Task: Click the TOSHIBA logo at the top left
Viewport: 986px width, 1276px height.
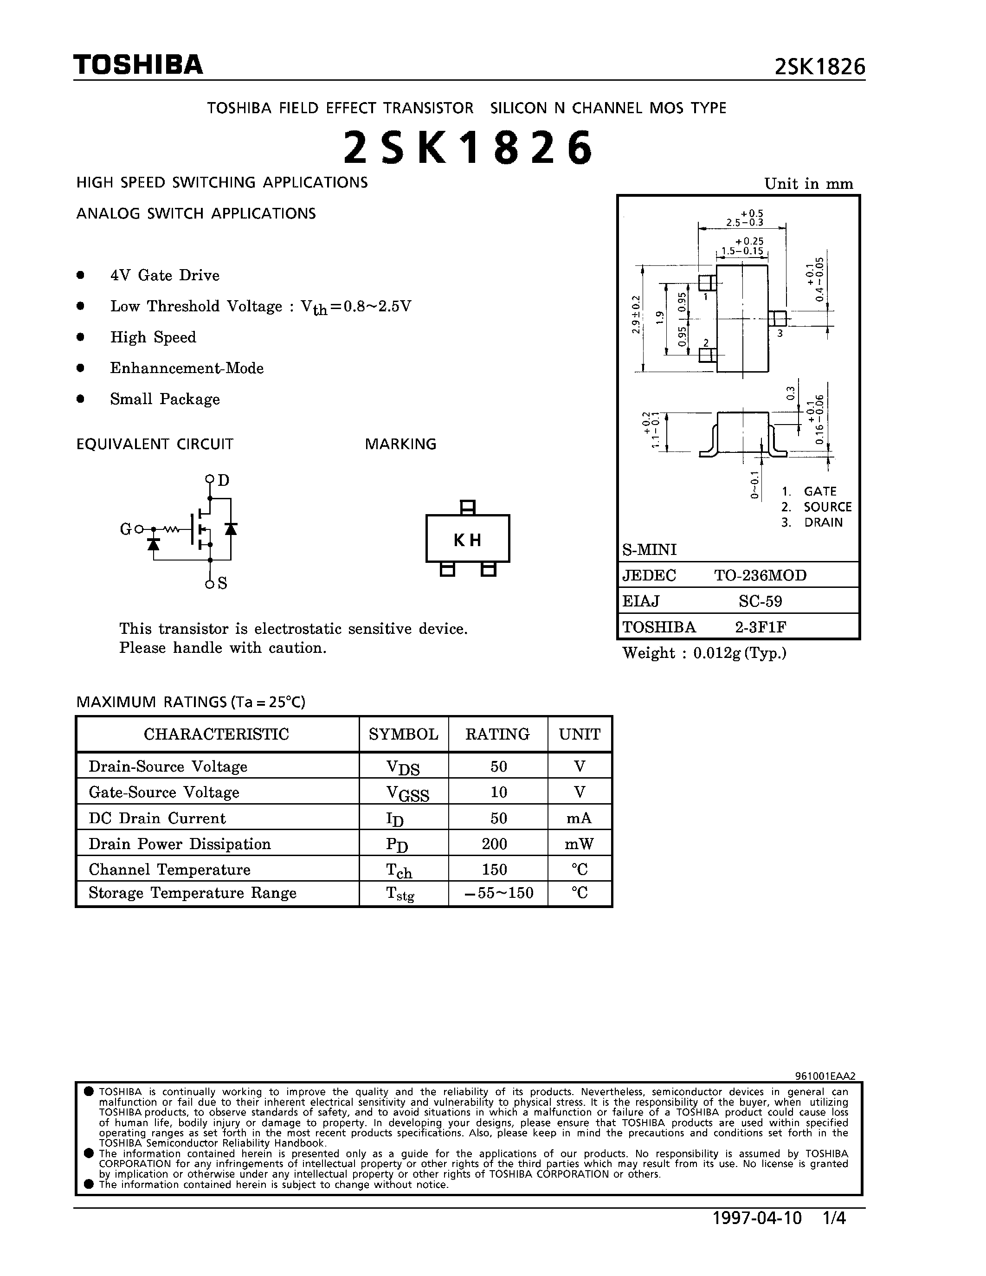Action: [138, 65]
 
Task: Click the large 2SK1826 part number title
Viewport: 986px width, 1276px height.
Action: [468, 148]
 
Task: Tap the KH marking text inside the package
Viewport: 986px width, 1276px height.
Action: [467, 541]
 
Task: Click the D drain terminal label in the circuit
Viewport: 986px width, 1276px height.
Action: [223, 480]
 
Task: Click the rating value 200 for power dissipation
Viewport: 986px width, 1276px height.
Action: [498, 844]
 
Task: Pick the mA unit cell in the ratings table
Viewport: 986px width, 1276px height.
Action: [579, 818]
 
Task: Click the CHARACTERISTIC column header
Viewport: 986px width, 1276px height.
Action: [216, 734]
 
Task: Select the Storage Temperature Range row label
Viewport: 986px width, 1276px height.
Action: [192, 893]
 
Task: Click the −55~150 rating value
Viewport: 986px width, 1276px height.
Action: [498, 893]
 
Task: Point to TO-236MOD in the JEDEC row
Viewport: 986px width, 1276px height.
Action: [760, 575]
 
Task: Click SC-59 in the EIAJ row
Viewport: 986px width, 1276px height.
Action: [760, 601]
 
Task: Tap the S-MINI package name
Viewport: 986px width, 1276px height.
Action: [649, 550]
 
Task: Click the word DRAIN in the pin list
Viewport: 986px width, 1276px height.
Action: [823, 522]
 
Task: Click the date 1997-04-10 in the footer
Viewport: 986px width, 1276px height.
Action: [757, 1235]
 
